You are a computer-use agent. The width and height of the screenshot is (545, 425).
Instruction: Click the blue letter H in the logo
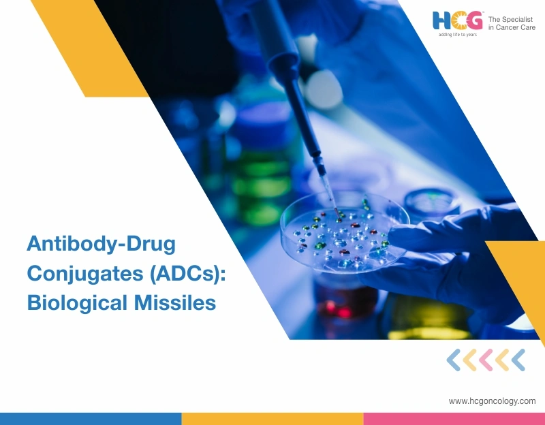(443, 21)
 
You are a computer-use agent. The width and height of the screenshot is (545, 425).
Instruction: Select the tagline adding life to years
(457, 34)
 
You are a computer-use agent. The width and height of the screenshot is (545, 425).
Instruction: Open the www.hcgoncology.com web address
(492, 401)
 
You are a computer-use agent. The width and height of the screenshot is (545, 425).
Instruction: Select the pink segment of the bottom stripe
(454, 418)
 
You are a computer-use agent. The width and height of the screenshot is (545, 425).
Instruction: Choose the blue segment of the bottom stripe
(91, 418)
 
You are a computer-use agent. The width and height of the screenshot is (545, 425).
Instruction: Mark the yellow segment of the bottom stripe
(272, 418)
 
